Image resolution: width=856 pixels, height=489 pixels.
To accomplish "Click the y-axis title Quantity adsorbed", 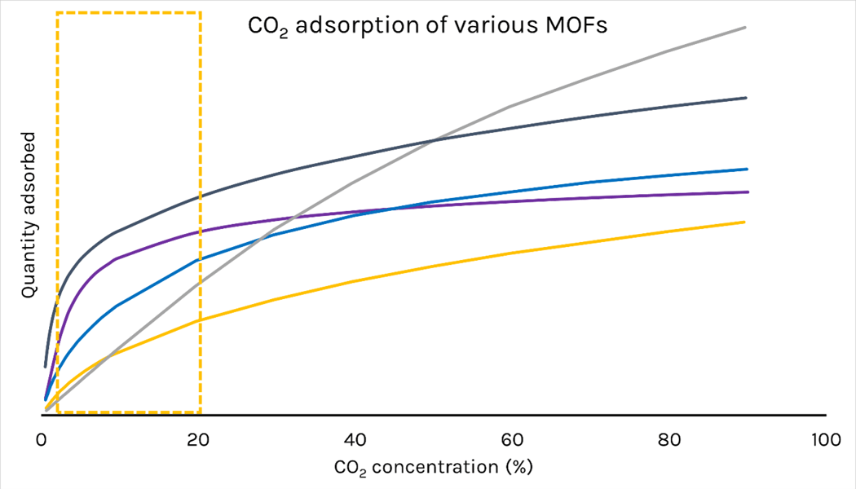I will coord(29,214).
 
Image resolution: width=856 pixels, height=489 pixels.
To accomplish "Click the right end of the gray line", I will coord(745,27).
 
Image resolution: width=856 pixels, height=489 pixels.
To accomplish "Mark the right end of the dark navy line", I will coord(746,97).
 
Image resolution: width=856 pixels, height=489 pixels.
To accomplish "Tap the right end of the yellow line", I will coord(744,222).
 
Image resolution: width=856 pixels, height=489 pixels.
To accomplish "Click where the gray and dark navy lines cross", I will coord(433,141).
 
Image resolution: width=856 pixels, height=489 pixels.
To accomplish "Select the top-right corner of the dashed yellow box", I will coord(201,13).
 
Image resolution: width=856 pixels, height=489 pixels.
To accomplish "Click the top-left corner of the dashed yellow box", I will coord(57,13).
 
